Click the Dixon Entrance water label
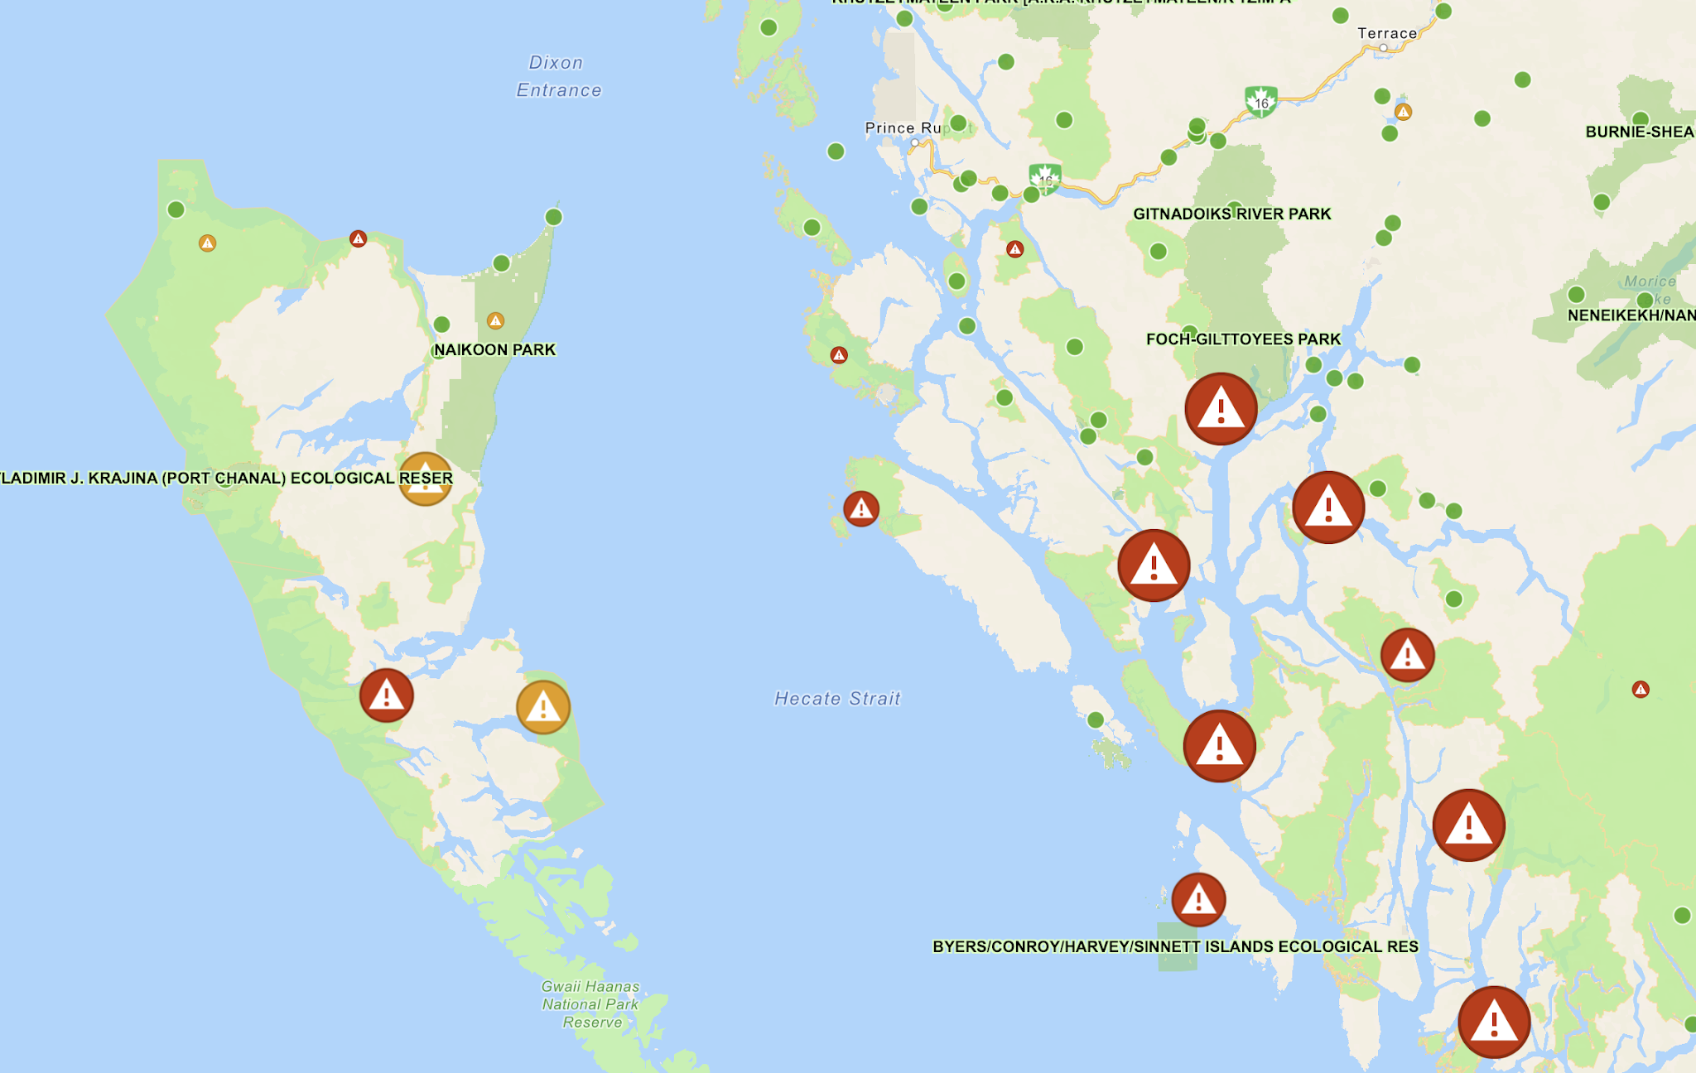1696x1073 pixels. click(x=558, y=76)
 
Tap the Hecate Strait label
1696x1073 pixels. click(x=836, y=699)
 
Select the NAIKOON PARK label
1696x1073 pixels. click(x=494, y=349)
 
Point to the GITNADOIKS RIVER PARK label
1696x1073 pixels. click(x=1231, y=214)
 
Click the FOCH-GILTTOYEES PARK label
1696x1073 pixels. click(x=1243, y=339)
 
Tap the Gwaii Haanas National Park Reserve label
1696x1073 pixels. click(x=590, y=1004)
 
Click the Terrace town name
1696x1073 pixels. click(x=1387, y=34)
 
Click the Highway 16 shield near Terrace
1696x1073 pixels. click(x=1260, y=102)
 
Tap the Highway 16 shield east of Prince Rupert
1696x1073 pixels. click(x=1045, y=179)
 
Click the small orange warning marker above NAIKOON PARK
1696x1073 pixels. click(x=495, y=320)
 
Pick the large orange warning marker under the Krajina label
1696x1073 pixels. click(x=426, y=479)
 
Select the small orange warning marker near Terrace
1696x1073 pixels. click(x=1403, y=112)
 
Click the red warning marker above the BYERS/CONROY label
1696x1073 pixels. click(x=1198, y=900)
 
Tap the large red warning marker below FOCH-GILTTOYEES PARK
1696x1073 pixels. click(x=1221, y=409)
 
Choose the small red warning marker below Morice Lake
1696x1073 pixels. click(x=1641, y=689)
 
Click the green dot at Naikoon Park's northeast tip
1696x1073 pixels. click(x=554, y=217)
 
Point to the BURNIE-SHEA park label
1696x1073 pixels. click(x=1639, y=132)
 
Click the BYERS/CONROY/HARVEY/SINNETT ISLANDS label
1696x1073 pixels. click(x=1175, y=946)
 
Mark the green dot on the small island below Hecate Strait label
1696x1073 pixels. click(x=1095, y=719)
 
